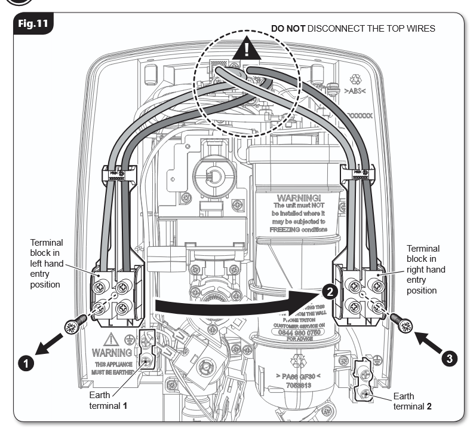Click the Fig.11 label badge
click(x=33, y=25)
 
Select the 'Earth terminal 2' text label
click(x=413, y=401)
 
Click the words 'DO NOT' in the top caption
click(x=289, y=28)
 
